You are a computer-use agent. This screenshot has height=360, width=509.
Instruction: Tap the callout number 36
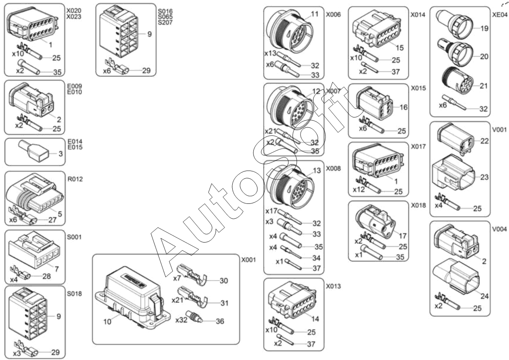click(x=220, y=321)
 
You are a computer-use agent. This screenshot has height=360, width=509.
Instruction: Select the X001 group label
click(x=248, y=260)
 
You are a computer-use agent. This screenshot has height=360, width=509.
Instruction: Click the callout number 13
click(x=317, y=171)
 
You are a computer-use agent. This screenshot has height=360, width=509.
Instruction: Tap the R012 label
click(x=75, y=179)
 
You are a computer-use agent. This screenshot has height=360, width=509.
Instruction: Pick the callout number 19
click(x=484, y=29)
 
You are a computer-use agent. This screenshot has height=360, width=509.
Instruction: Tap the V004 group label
click(x=500, y=229)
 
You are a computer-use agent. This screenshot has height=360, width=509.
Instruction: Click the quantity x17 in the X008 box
click(x=270, y=211)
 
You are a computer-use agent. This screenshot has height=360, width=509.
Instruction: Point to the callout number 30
click(x=224, y=280)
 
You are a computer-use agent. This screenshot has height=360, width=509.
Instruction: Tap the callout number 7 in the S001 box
click(x=57, y=269)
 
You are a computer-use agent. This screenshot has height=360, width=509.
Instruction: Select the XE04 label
click(x=500, y=14)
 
